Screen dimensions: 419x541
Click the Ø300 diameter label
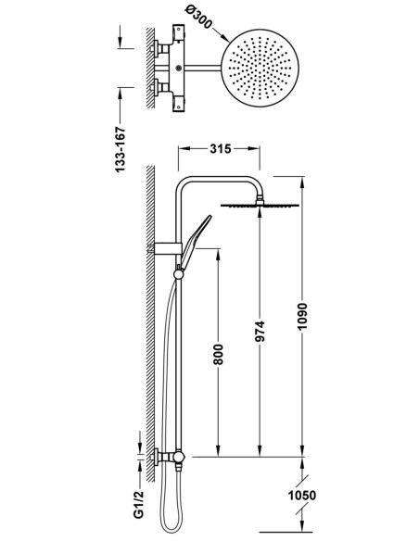pos(198,18)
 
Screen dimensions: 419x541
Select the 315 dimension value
pos(221,149)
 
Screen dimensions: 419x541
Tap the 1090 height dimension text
pos(302,317)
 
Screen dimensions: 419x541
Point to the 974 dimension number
pos(260,332)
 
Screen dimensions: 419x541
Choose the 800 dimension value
pos(218,354)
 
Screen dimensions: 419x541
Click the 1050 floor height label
pos(302,496)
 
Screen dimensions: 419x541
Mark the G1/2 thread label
pos(138,505)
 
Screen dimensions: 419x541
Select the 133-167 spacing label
pos(121,150)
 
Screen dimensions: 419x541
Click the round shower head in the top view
pos(260,68)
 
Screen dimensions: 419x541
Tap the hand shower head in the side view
pos(195,242)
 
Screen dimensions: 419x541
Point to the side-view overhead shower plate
pos(260,206)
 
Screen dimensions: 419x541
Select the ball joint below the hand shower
pos(178,274)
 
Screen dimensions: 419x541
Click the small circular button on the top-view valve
pos(178,69)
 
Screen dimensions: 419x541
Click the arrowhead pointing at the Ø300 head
pos(225,38)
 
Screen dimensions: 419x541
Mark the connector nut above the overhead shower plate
pos(260,199)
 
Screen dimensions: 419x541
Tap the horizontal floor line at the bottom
pos(286,532)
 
